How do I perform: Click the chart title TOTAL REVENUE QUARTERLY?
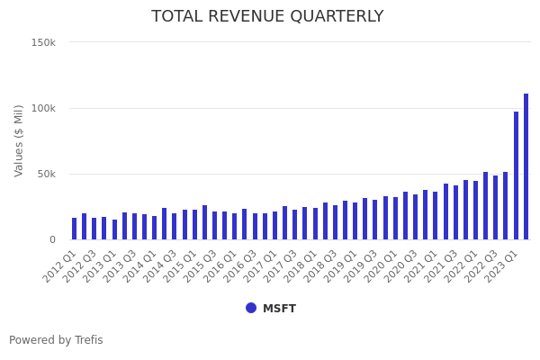pos(267,16)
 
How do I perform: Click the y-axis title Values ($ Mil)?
pos(19,140)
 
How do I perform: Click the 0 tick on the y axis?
pos(52,239)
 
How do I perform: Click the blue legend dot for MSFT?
pos(251,308)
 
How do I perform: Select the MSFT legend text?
pos(279,309)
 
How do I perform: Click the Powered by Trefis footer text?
pos(56,340)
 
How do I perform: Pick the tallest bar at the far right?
pos(526,166)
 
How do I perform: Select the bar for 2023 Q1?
pos(516,175)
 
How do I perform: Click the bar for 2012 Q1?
pos(75,229)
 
